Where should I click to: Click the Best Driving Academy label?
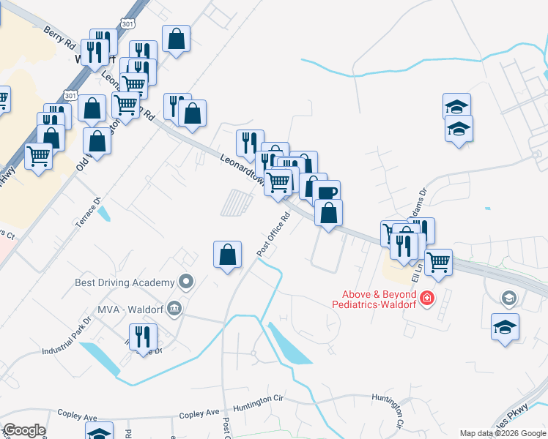click(x=125, y=282)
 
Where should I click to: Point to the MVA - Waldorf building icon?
click(x=174, y=308)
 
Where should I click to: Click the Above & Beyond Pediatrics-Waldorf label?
click(x=374, y=299)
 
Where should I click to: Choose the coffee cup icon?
click(x=327, y=193)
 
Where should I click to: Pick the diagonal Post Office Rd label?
click(x=274, y=234)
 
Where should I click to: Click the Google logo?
click(x=24, y=430)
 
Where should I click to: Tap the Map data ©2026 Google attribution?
click(x=503, y=433)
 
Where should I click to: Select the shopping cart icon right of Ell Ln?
click(x=438, y=261)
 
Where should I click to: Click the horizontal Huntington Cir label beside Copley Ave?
click(x=258, y=407)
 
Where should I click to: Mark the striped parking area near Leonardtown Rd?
click(x=237, y=202)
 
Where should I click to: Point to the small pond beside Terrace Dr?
click(x=105, y=212)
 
